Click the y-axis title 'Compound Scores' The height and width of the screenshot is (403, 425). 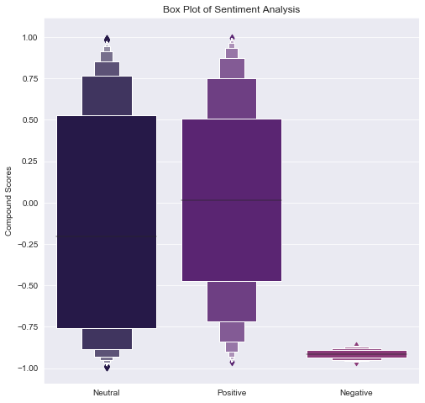[9, 203]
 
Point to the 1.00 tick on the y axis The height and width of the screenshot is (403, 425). [29, 38]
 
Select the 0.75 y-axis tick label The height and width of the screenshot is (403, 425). [29, 79]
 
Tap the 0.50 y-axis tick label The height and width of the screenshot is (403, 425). [29, 120]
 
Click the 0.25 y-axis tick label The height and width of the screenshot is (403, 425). [29, 162]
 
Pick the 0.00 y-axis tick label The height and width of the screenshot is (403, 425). [29, 203]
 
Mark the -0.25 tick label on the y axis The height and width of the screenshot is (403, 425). [28, 244]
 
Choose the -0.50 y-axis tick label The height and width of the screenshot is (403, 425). [28, 285]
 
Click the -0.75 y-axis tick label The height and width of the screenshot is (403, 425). [28, 326]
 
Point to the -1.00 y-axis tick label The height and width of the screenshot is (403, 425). [28, 368]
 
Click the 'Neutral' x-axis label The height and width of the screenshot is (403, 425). [107, 393]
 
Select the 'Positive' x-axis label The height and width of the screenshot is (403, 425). [232, 393]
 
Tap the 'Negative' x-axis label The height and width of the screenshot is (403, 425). [356, 393]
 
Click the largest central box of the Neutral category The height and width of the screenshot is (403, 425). [107, 168]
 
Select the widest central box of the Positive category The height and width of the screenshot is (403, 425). [232, 252]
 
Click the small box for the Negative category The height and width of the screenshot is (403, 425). [356, 354]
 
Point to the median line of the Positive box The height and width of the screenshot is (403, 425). [232, 200]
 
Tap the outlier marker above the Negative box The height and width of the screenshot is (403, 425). [356, 344]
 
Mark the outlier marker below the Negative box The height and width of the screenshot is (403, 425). [356, 363]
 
